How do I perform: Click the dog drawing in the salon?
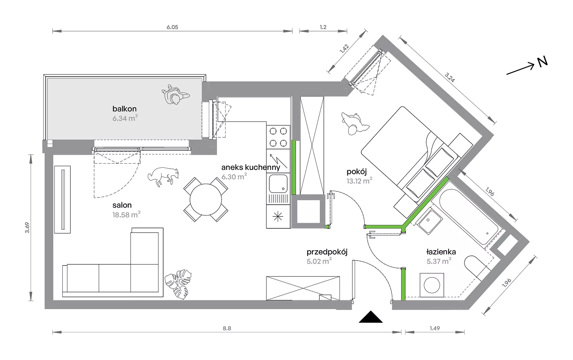tap(163, 176)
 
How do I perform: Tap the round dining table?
tap(206, 199)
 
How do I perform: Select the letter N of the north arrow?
tap(542, 62)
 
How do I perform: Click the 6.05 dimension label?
tap(172, 27)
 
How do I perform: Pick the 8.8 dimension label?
tap(227, 328)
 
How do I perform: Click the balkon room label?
tap(125, 109)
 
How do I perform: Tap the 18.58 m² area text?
tap(126, 214)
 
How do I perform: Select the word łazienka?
tap(441, 252)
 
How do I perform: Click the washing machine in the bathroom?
tap(432, 285)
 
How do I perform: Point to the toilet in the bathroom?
tap(476, 268)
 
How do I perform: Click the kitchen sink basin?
tap(278, 183)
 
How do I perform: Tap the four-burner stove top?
tap(278, 137)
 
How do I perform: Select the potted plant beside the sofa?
tap(178, 284)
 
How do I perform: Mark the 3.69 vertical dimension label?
tap(27, 228)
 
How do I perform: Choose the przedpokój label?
tap(327, 252)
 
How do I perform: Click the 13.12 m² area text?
tap(359, 181)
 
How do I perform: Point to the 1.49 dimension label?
tap(435, 328)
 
